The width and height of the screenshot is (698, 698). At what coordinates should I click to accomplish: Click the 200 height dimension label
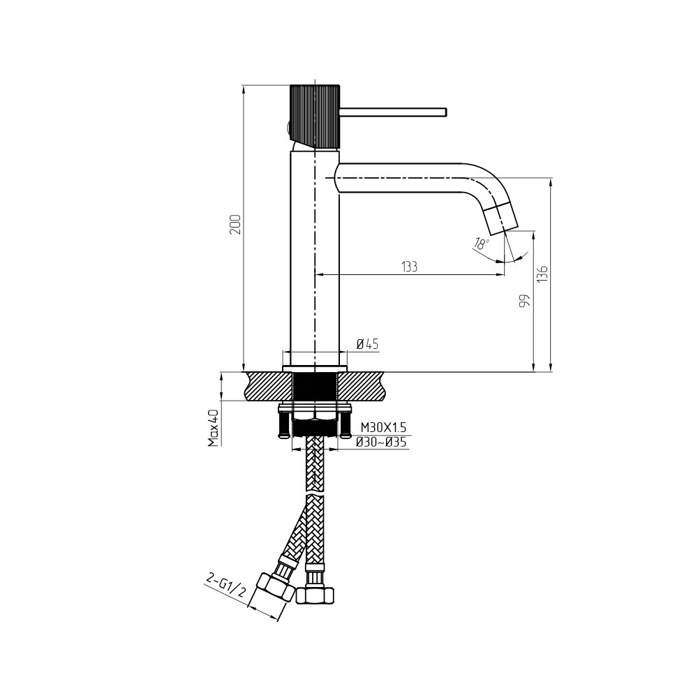click(x=235, y=225)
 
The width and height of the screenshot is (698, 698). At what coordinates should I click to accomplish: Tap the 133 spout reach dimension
click(x=409, y=267)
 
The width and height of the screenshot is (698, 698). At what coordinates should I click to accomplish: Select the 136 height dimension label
click(x=542, y=274)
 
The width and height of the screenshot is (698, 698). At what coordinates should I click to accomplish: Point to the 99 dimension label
click(x=526, y=301)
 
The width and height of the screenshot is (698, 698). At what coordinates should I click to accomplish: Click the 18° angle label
click(x=482, y=244)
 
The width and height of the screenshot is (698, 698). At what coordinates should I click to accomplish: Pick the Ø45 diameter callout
click(x=367, y=343)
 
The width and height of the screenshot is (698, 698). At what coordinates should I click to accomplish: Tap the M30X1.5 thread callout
click(x=383, y=428)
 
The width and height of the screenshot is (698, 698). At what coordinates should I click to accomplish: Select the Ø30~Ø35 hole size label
click(x=381, y=443)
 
